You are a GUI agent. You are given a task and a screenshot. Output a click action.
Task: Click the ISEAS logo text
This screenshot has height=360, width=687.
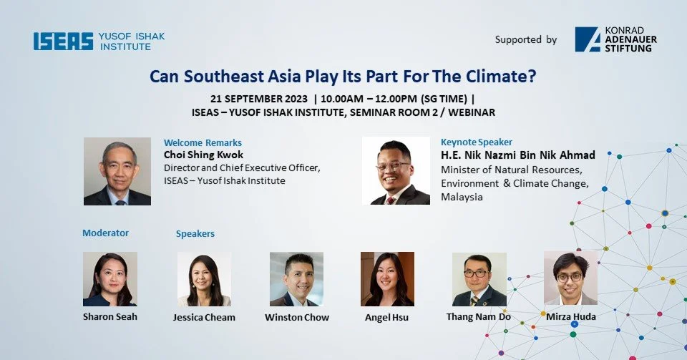point(63,42)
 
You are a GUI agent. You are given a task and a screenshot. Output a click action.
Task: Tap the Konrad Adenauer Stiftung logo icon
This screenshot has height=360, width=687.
point(588,39)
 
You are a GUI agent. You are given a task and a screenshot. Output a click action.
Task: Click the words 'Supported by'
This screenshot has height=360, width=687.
point(525,40)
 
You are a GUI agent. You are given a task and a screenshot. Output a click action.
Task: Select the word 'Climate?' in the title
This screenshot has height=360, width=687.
point(505,77)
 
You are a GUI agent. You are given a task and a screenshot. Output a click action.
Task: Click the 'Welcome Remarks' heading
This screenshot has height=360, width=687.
point(203,142)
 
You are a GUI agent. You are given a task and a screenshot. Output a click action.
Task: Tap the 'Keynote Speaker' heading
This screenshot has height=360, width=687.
point(476,142)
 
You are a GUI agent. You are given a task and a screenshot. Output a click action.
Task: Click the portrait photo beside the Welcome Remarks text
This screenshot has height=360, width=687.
point(117,172)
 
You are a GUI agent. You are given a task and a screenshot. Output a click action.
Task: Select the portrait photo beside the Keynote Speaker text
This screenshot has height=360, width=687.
point(396,171)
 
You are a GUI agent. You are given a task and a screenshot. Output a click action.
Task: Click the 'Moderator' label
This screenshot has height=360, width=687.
point(105,233)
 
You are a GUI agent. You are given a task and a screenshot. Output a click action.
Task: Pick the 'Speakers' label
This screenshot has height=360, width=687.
point(195,233)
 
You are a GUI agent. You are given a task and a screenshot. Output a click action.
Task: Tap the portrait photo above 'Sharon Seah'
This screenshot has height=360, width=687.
point(109,279)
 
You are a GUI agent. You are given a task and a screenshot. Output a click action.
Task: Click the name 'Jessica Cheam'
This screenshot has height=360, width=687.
point(204,317)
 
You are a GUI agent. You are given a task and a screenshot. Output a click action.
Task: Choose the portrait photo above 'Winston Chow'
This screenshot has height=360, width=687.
point(296,279)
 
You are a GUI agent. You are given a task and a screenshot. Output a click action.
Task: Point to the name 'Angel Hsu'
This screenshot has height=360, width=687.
point(386,317)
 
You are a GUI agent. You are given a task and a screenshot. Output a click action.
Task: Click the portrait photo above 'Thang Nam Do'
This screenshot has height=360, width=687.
point(479,279)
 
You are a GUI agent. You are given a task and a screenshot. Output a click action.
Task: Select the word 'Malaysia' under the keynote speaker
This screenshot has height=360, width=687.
point(462,197)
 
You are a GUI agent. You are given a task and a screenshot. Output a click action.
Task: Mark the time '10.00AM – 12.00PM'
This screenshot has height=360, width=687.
point(372,98)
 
